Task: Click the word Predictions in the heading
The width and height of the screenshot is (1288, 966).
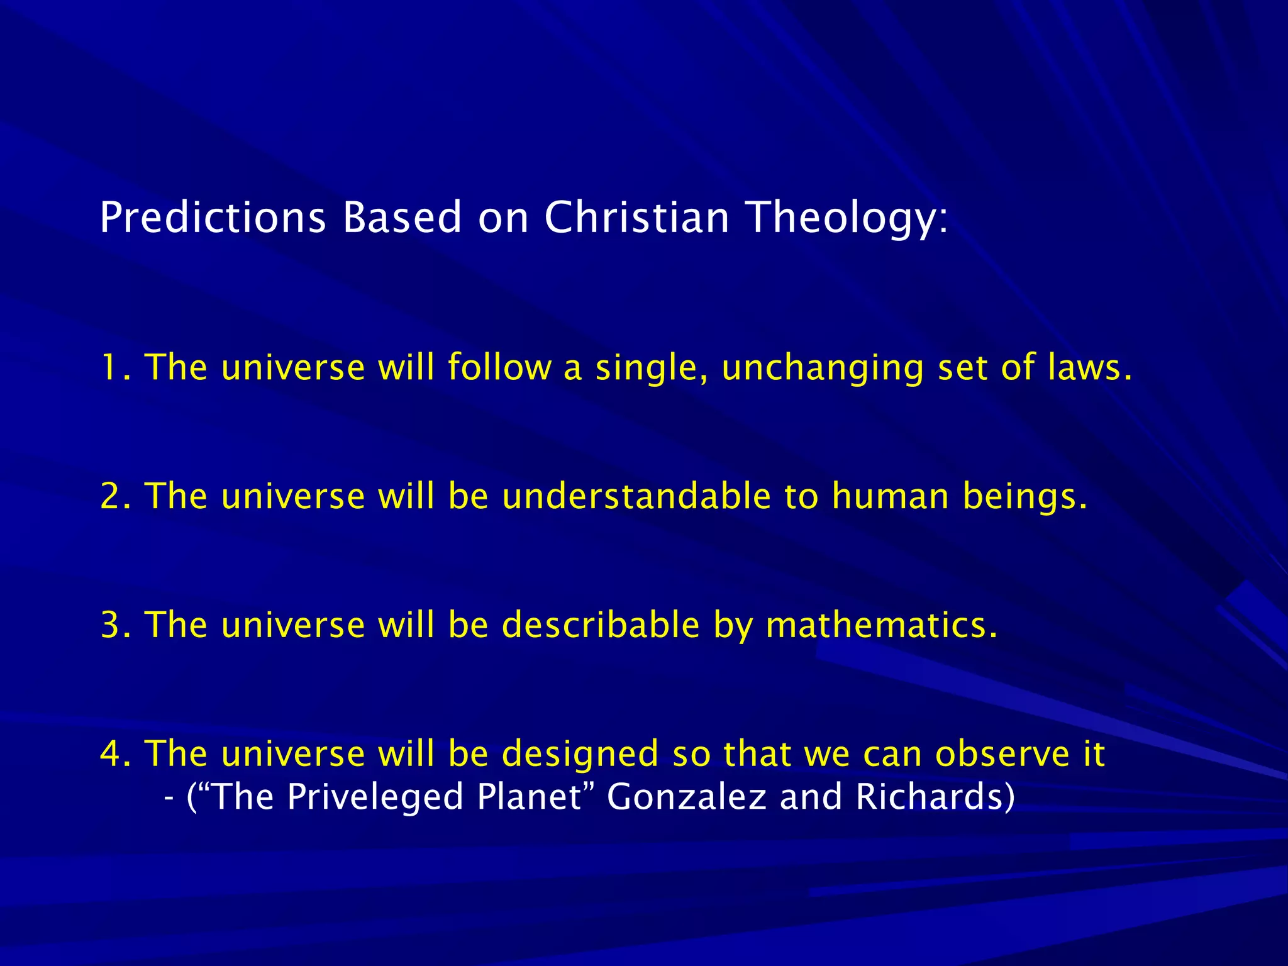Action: click(213, 218)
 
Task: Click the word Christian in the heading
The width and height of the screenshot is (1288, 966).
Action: click(636, 218)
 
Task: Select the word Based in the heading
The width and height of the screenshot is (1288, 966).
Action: click(402, 218)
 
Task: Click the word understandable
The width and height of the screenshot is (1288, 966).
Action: click(636, 496)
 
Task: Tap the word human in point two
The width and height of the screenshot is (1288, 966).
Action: click(890, 496)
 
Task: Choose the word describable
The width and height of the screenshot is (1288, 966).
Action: click(600, 625)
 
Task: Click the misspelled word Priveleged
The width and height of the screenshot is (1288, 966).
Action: click(374, 797)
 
